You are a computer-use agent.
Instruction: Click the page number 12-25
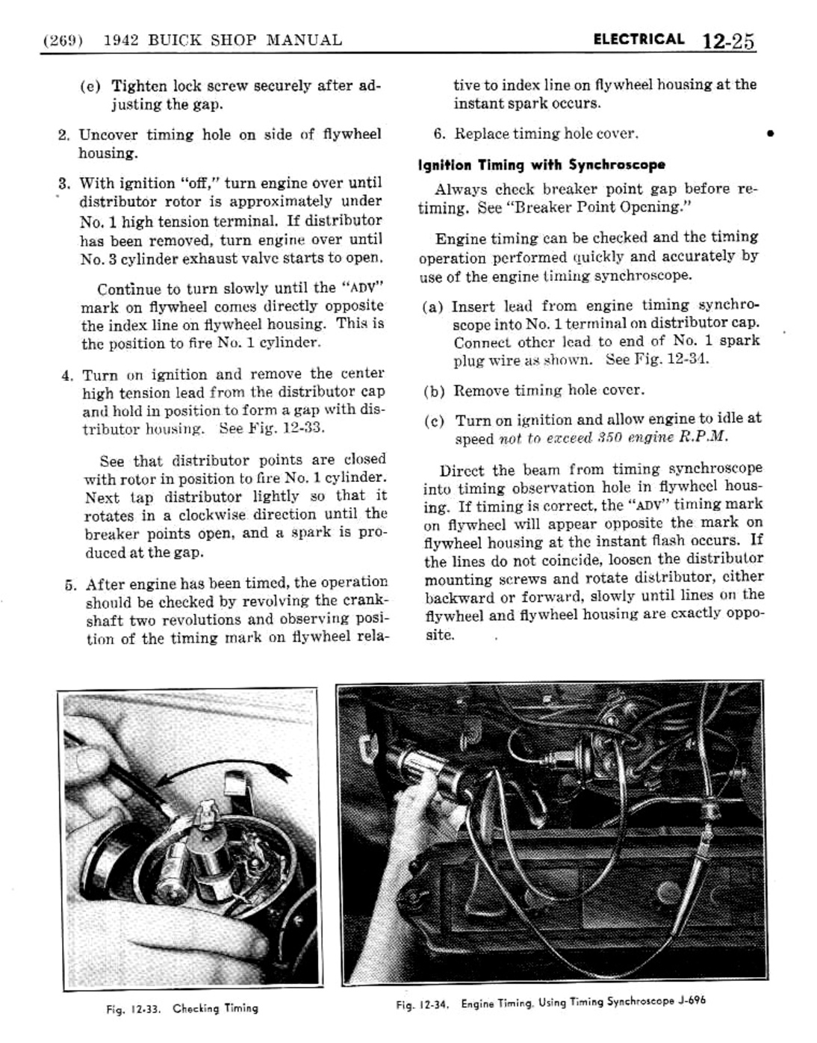point(728,41)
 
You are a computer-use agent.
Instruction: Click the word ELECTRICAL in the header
point(639,40)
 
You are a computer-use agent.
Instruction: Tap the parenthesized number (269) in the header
point(63,40)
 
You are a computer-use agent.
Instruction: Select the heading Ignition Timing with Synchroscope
point(541,164)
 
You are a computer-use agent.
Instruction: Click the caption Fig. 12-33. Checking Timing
point(182,1008)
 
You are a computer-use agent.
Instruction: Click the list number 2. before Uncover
point(64,135)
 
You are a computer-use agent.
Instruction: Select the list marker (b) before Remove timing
point(435,391)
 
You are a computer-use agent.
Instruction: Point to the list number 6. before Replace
point(440,134)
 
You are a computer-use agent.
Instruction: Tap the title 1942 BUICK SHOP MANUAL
point(222,40)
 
